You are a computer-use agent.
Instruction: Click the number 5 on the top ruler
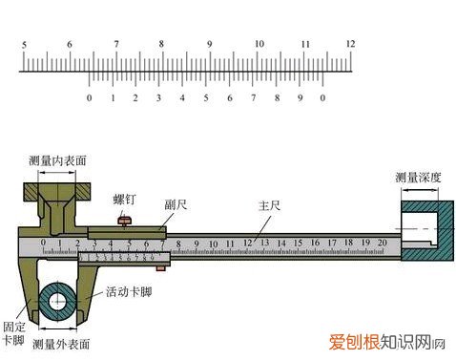(23, 44)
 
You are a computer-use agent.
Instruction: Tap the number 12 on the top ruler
(351, 44)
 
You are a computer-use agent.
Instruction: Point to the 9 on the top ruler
(209, 44)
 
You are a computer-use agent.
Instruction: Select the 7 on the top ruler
(115, 44)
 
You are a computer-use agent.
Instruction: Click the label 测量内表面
(58, 160)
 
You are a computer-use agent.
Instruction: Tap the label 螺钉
(124, 200)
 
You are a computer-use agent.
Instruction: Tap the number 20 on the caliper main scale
(382, 244)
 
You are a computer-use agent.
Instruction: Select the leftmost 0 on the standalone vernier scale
(89, 98)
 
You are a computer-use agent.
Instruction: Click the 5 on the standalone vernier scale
(206, 98)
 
